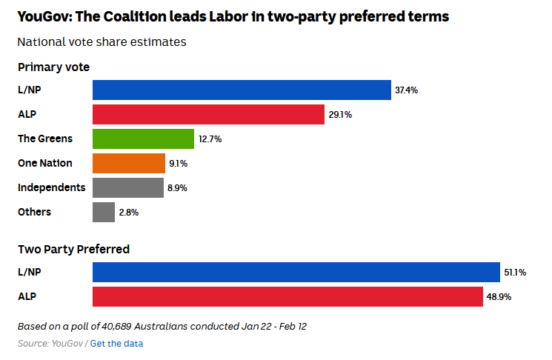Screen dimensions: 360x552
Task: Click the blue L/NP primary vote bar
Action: pyautogui.click(x=242, y=90)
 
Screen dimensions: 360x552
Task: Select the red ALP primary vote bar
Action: pyautogui.click(x=208, y=114)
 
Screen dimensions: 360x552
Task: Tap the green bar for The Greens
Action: pyautogui.click(x=143, y=139)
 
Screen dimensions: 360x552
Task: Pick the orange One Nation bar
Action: pyautogui.click(x=129, y=163)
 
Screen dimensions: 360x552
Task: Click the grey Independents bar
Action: pyautogui.click(x=128, y=187)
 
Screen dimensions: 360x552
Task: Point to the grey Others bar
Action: pyautogui.click(x=104, y=212)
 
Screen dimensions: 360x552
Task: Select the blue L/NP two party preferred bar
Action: pyautogui.click(x=296, y=272)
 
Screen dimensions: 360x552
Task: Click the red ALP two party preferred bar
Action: pyautogui.click(x=288, y=296)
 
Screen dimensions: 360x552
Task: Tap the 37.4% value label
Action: pyautogui.click(x=407, y=90)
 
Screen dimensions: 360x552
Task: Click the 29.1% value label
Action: pyautogui.click(x=340, y=115)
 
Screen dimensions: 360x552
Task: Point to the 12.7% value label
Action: pyautogui.click(x=210, y=139)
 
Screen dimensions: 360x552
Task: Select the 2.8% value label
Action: pyautogui.click(x=129, y=213)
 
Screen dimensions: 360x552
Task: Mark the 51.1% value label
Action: pyautogui.click(x=515, y=273)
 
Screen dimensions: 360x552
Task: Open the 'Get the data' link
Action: pyautogui.click(x=116, y=343)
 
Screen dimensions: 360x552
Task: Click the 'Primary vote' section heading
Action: pyautogui.click(x=53, y=67)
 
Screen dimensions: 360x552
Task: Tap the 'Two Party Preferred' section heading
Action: pyautogui.click(x=73, y=250)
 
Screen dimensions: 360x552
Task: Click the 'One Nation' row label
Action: pyautogui.click(x=45, y=163)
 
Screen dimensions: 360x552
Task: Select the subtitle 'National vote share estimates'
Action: pyautogui.click(x=102, y=42)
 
